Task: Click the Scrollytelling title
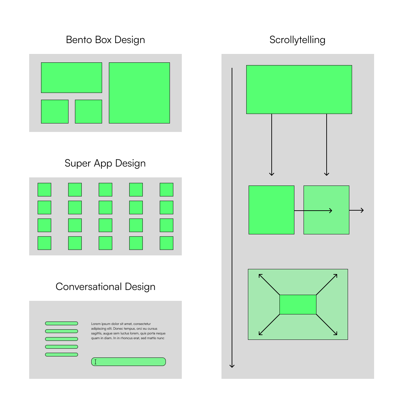click(297, 40)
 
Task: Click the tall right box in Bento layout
click(139, 93)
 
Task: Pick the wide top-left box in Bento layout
click(71, 77)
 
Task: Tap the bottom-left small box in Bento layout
click(55, 111)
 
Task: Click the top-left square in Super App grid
click(44, 190)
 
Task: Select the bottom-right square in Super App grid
click(167, 243)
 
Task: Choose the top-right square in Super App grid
click(167, 190)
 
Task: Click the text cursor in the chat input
click(96, 362)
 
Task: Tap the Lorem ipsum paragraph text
click(128, 331)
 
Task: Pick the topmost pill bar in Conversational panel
click(61, 323)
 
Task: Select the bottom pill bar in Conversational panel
click(61, 354)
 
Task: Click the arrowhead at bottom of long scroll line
click(232, 366)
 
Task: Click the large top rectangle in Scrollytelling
click(299, 89)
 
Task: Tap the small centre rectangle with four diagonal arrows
click(298, 305)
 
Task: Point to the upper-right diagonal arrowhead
click(336, 276)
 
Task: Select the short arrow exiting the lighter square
click(357, 210)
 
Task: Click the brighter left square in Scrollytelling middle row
click(271, 210)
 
